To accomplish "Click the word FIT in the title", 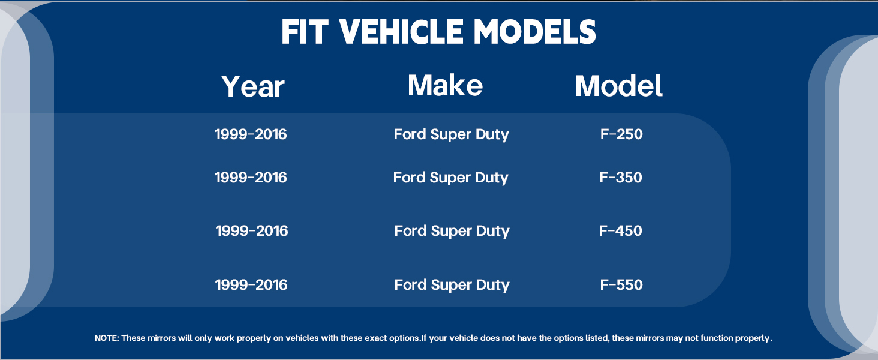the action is pos(304,32).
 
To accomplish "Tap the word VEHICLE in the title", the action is pos(401,32).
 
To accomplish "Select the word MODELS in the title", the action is pos(535,32).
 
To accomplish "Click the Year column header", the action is pos(253,86).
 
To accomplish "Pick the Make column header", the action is pos(445,85).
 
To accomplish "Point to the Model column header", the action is pos(618,85).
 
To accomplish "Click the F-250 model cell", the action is pos(621,134).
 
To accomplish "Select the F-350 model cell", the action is pos(621,177).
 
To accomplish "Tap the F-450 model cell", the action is pos(621,230).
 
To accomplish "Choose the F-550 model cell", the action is pos(621,285).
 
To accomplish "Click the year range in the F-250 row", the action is pos(251,134).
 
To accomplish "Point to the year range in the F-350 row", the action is pos(251,177).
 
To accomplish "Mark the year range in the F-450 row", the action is pos(252,230).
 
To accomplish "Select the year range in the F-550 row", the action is pos(251,285).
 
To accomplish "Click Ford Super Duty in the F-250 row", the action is pos(451,135).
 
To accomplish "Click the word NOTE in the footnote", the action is pos(107,338).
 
